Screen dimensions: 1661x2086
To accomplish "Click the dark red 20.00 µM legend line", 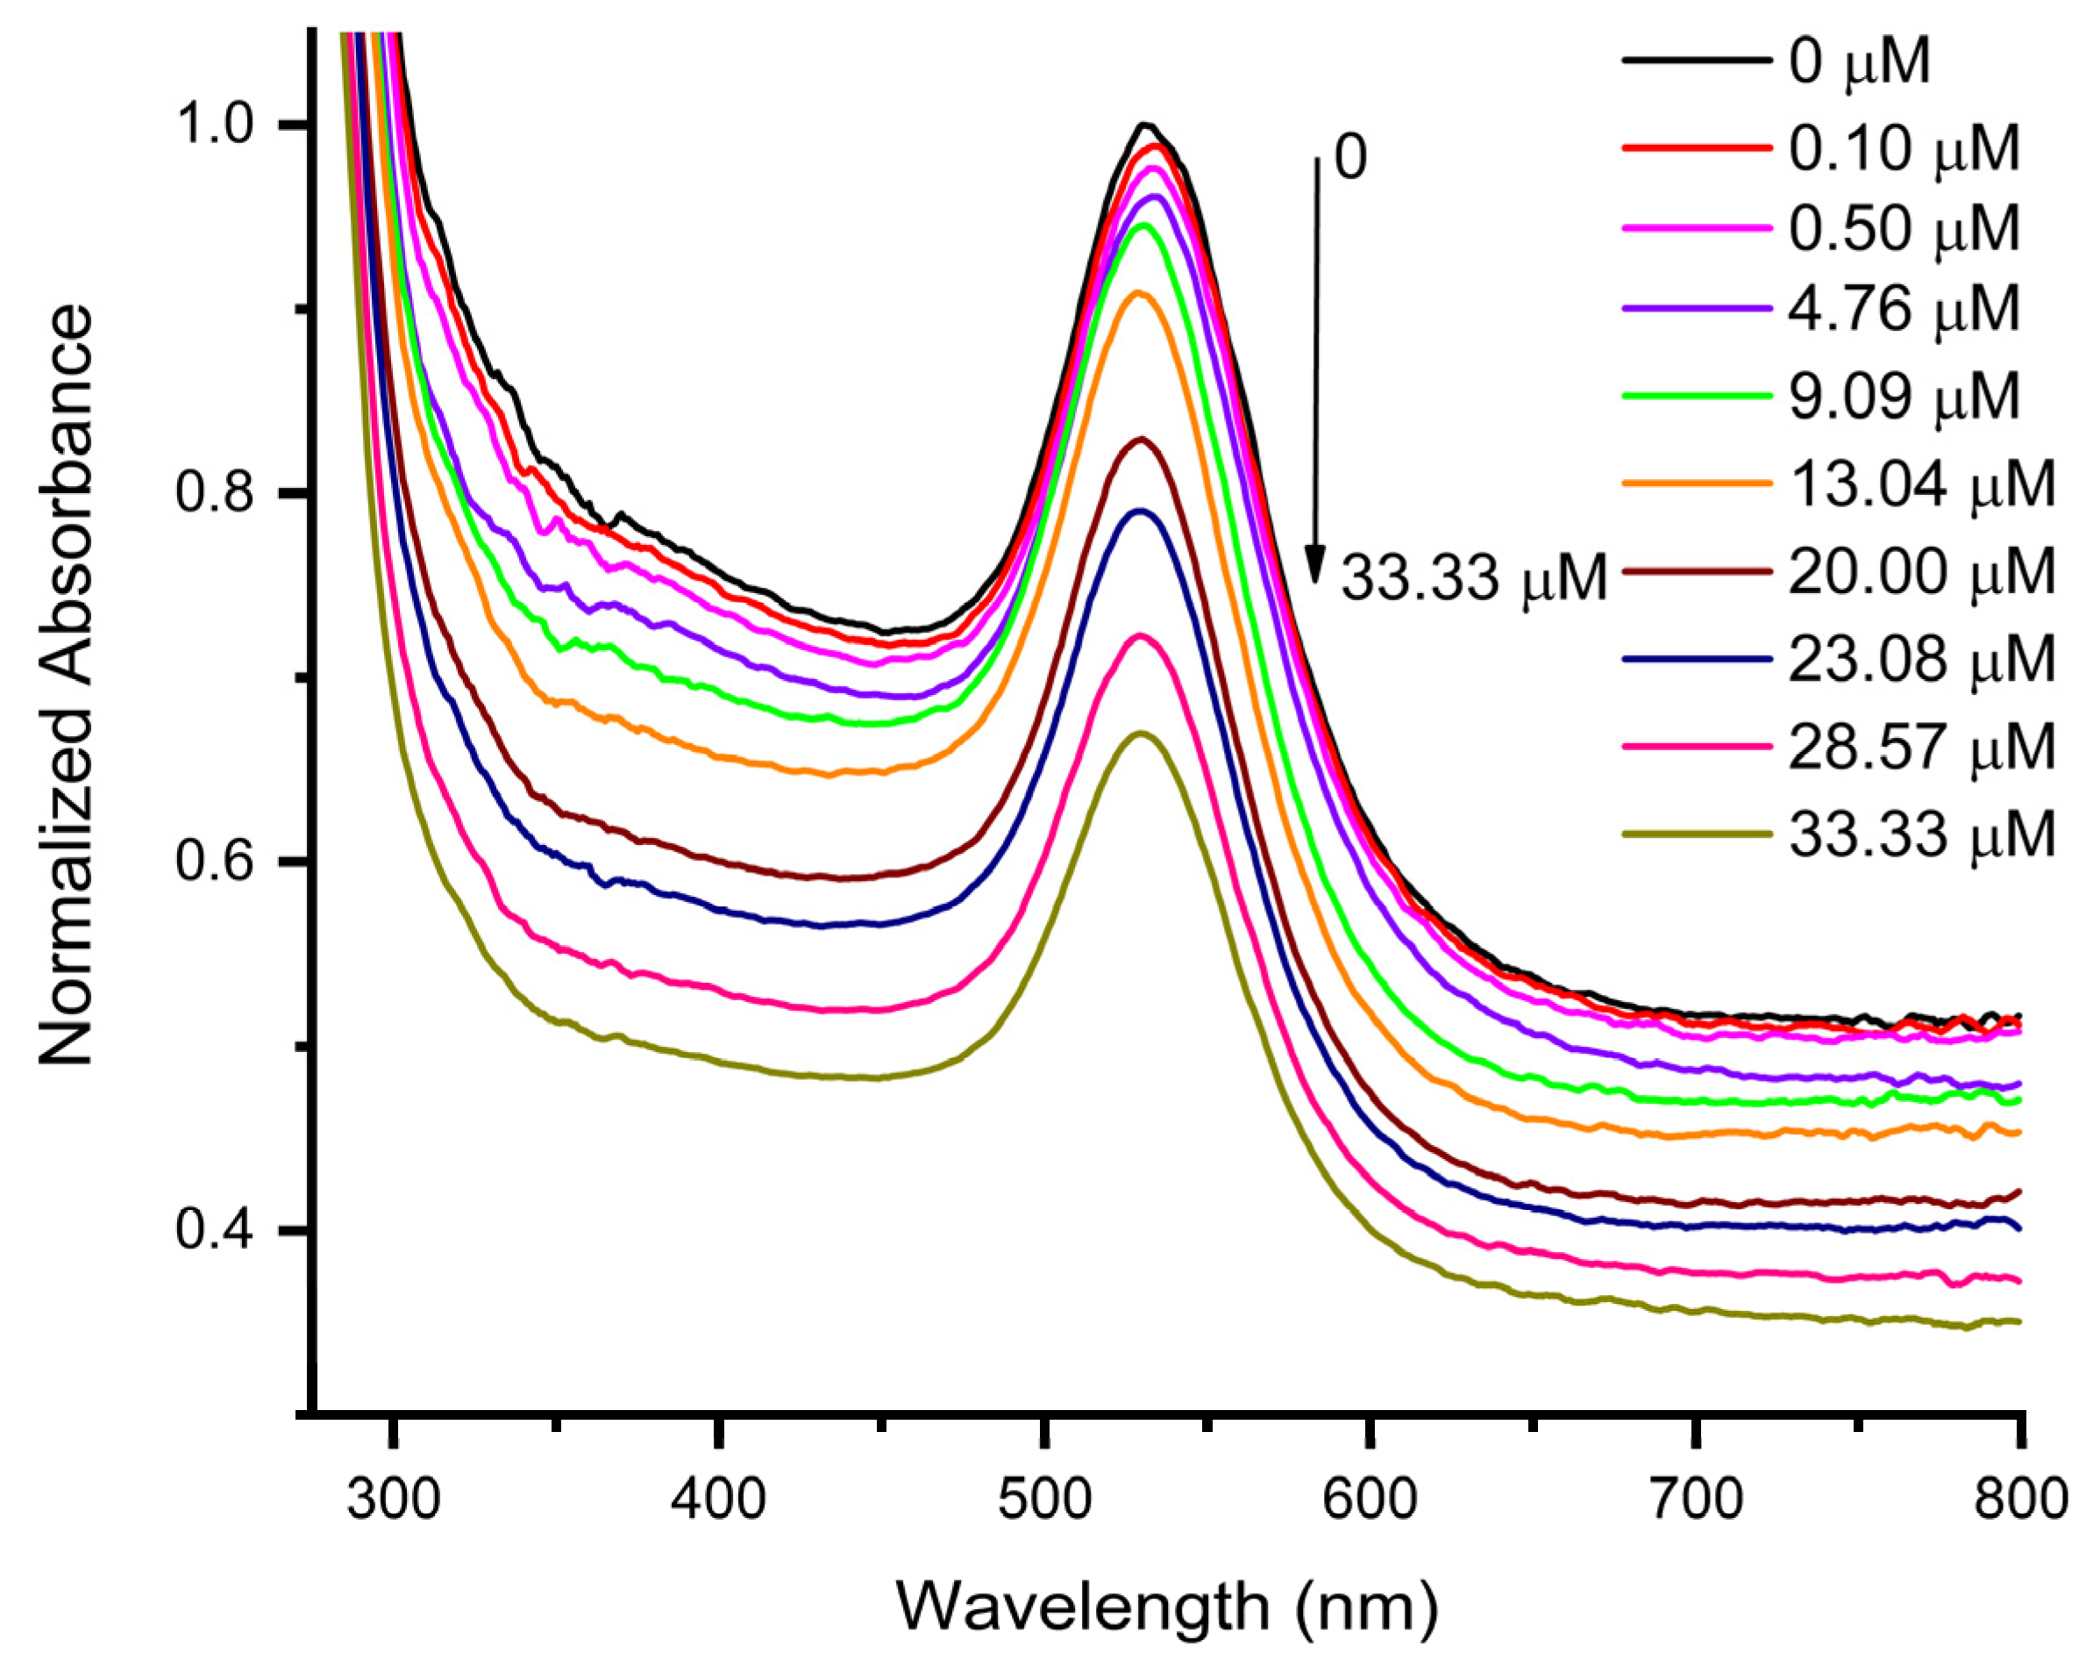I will (1698, 571).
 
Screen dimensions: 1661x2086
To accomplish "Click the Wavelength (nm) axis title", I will (1167, 1607).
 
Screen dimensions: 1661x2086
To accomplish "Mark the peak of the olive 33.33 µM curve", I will (1141, 733).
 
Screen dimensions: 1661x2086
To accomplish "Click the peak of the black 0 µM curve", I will (1145, 124).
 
